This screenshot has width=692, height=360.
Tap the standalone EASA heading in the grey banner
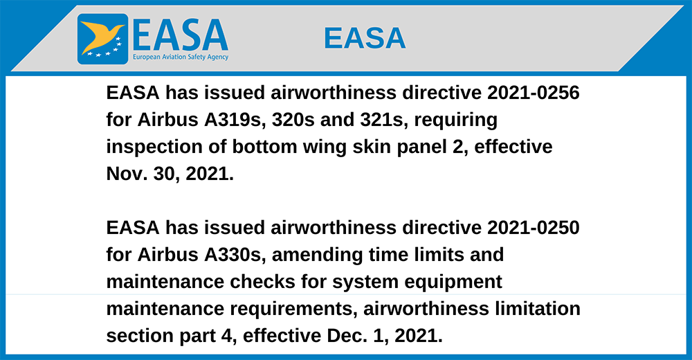pyautogui.click(x=365, y=38)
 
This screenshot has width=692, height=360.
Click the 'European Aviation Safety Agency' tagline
pyautogui.click(x=181, y=57)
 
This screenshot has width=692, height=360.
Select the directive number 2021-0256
pyautogui.click(x=533, y=93)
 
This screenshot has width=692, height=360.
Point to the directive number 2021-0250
pyautogui.click(x=533, y=228)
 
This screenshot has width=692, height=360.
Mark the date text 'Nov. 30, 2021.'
pyautogui.click(x=170, y=174)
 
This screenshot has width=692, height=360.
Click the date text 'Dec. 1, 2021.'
pyautogui.click(x=385, y=336)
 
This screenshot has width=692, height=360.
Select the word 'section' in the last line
pyautogui.click(x=140, y=336)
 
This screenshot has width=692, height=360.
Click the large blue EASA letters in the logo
pyautogui.click(x=180, y=35)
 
